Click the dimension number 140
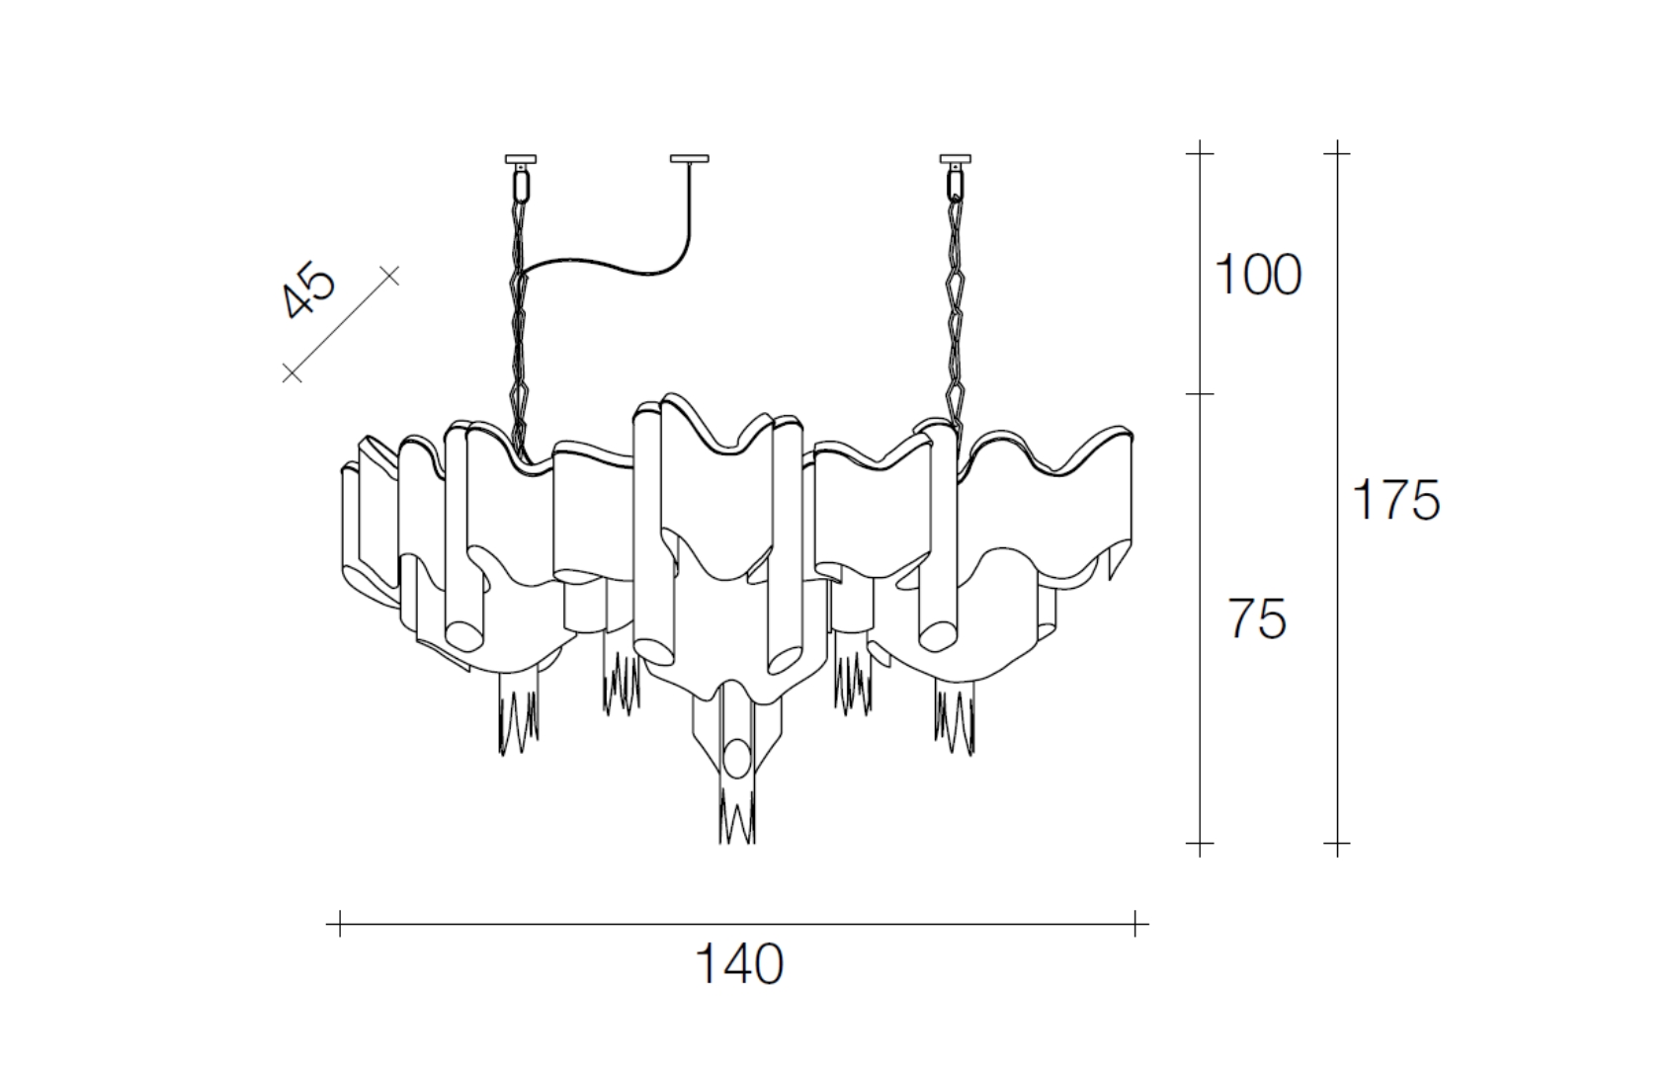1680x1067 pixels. [739, 964]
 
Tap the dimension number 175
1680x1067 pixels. [1395, 499]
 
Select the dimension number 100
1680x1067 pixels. [1258, 276]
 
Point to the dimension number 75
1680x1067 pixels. [1257, 618]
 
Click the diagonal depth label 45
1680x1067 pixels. [309, 291]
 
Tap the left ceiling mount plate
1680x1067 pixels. [521, 159]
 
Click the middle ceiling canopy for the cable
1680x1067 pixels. [689, 158]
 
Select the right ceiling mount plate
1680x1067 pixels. [956, 159]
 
